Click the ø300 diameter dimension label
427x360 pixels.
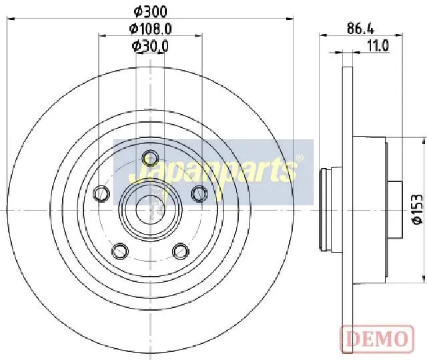[x=150, y=11]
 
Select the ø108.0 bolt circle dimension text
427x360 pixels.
[x=150, y=29]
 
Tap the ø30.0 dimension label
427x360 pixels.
[x=150, y=46]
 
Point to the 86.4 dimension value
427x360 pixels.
[x=360, y=28]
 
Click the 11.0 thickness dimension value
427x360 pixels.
[x=378, y=45]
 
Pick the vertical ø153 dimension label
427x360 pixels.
[x=418, y=209]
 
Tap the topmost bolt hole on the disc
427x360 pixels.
[x=150, y=158]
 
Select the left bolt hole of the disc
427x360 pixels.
[x=101, y=193]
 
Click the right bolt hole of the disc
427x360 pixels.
[x=199, y=193]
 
